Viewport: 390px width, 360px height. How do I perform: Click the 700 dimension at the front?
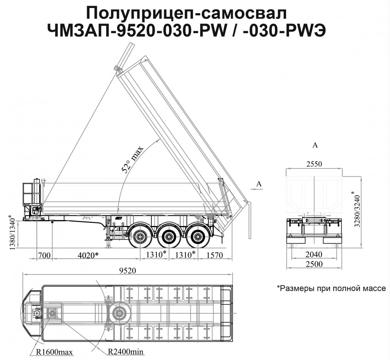[44, 255]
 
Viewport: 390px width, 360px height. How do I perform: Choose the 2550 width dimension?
[314, 164]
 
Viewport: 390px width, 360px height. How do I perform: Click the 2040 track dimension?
[314, 254]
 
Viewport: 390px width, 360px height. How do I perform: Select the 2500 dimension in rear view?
[314, 264]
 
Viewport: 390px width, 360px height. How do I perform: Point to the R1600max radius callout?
[54, 352]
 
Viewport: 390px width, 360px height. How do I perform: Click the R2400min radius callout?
[126, 352]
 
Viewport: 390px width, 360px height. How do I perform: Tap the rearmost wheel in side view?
[198, 236]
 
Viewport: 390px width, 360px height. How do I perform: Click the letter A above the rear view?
[315, 145]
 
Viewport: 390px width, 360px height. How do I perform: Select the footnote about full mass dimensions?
[331, 288]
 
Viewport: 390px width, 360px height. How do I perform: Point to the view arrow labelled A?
[256, 186]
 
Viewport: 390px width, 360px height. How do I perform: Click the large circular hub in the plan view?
[119, 313]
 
